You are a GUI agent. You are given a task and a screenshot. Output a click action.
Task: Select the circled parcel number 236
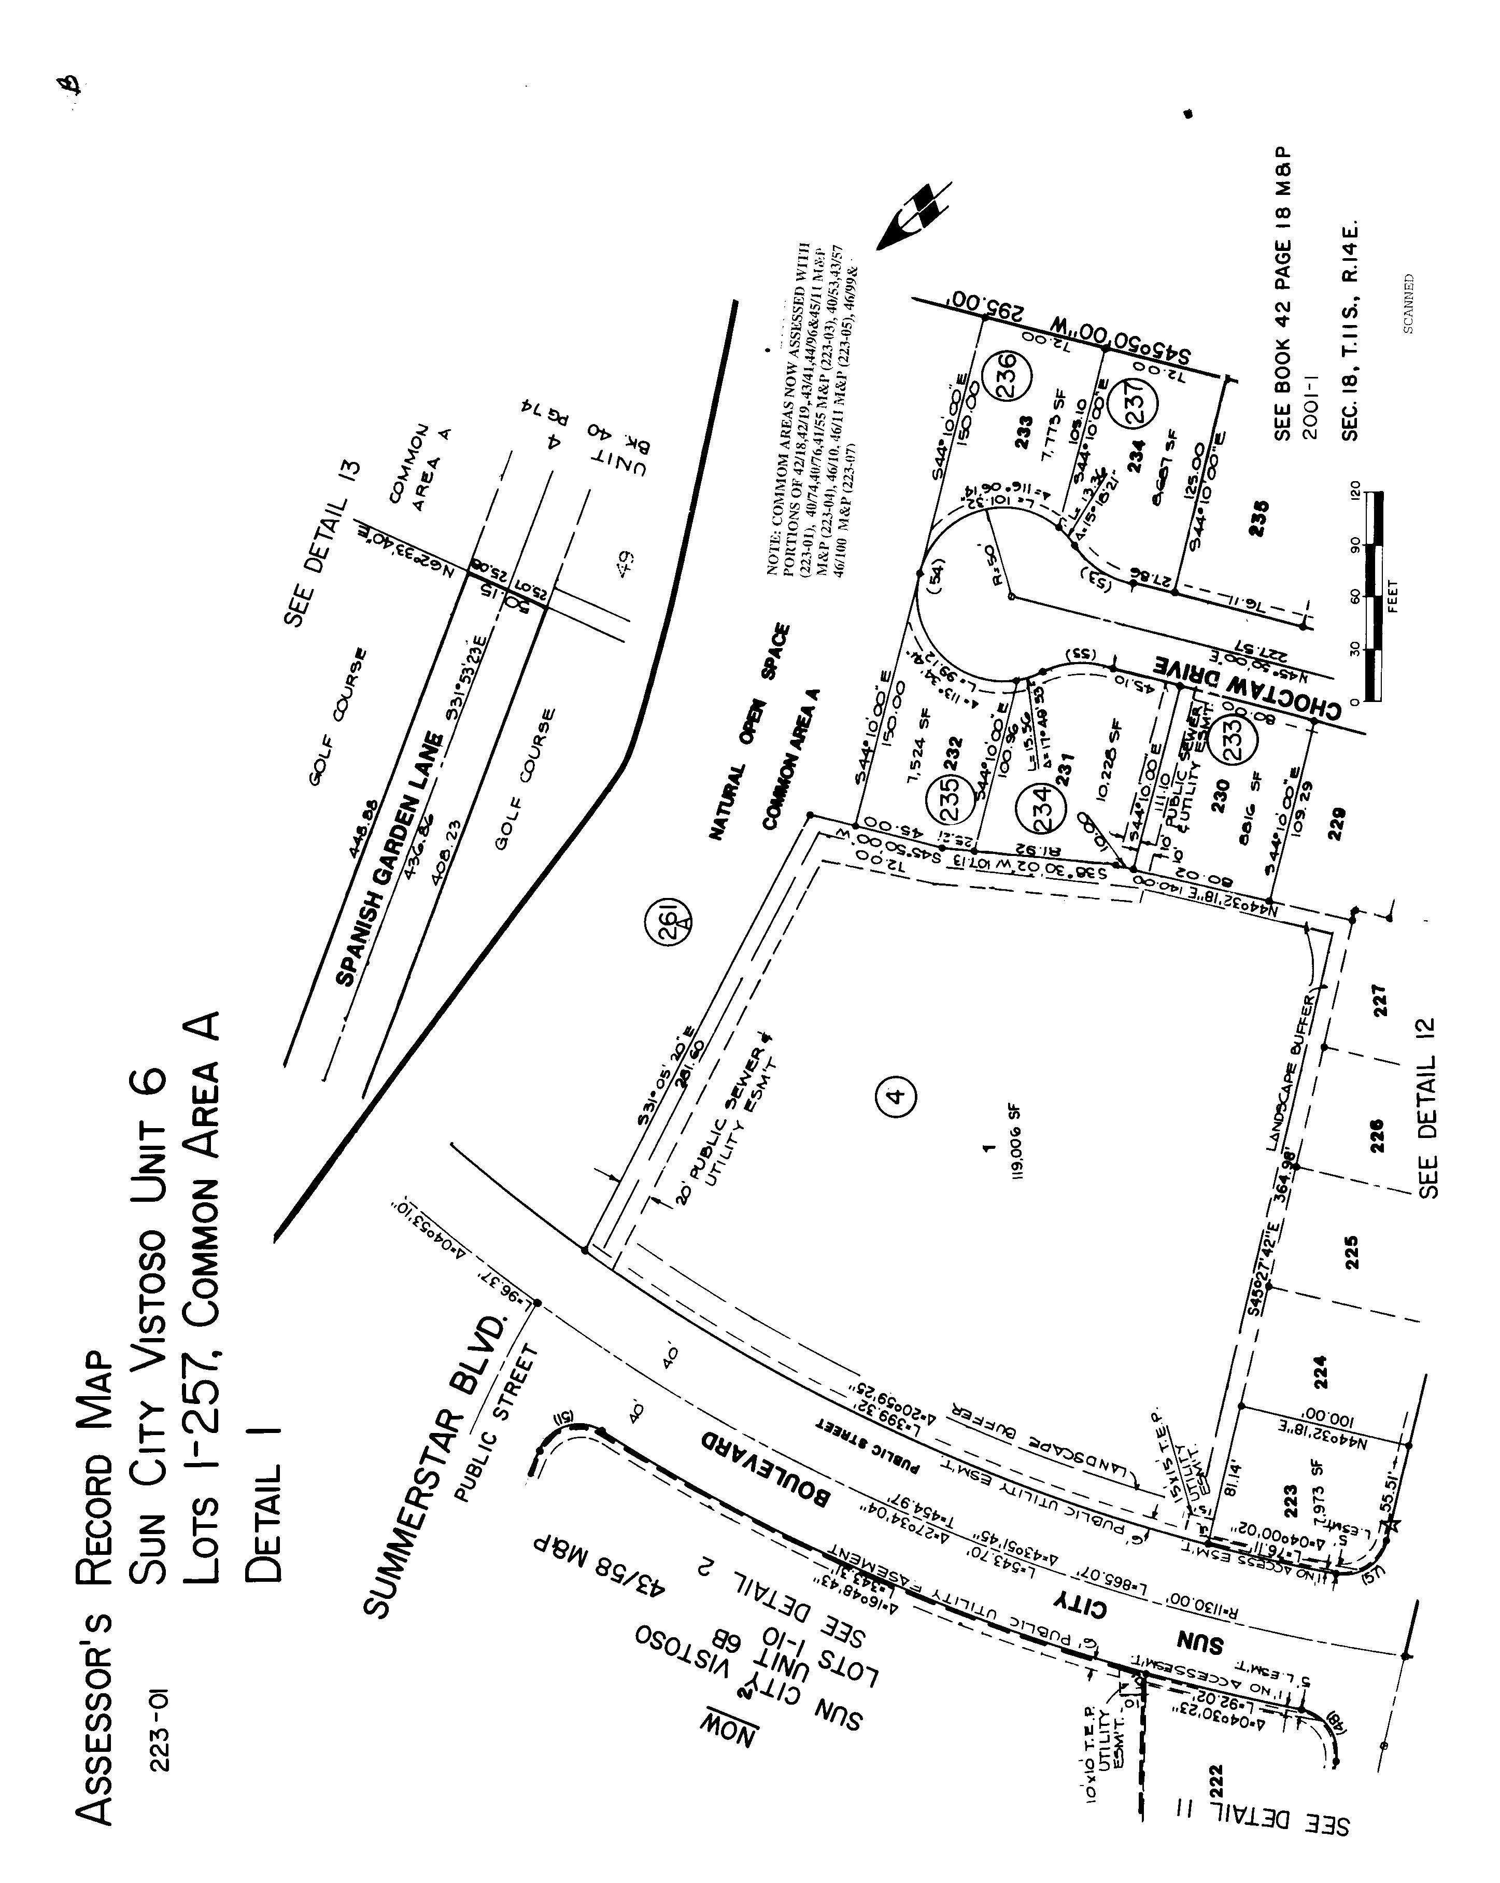[x=1007, y=375]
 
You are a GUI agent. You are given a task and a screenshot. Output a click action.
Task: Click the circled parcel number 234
[x=1042, y=807]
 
